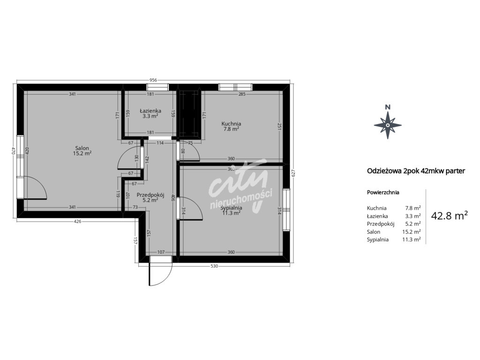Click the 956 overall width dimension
[153, 80]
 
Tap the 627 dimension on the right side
[293, 173]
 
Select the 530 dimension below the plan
[214, 266]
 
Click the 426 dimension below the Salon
[78, 221]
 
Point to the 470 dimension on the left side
[13, 151]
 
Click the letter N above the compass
[388, 107]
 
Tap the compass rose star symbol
[388, 125]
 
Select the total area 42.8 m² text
[449, 216]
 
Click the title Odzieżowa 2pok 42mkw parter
[416, 171]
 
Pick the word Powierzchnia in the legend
[383, 193]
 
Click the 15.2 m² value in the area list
[411, 232]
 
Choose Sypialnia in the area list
[378, 240]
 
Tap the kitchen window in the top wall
[235, 87]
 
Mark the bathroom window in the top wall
[157, 87]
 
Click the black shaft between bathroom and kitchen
[190, 114]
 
